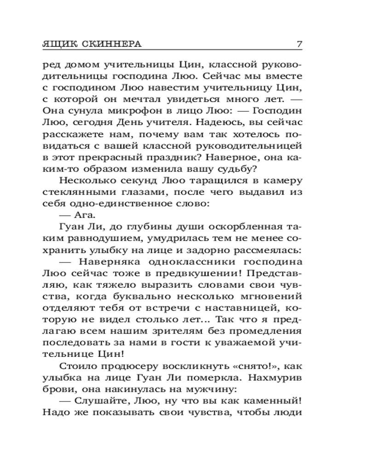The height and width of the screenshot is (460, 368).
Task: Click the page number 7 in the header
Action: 299,44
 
